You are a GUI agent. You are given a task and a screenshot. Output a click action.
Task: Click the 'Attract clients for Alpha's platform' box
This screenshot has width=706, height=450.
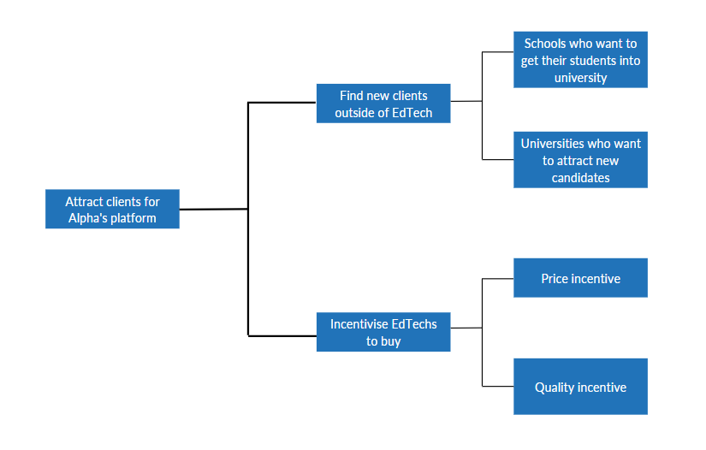(113, 209)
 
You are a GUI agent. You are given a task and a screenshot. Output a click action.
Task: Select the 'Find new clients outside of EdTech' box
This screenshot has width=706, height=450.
(383, 104)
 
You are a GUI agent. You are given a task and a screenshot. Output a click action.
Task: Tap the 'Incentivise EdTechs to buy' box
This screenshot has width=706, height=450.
(383, 332)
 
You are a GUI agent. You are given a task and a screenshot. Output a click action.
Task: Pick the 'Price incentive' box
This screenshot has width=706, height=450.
(581, 278)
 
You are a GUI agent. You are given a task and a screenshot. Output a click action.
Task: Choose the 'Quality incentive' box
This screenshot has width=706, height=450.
(581, 387)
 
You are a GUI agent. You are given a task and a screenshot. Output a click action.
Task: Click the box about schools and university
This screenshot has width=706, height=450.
(581, 59)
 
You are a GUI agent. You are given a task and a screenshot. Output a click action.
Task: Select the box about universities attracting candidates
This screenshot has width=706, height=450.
(581, 160)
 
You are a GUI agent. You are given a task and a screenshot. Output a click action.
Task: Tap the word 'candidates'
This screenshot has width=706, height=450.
(581, 178)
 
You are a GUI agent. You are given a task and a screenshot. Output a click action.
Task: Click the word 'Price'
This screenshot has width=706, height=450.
(555, 279)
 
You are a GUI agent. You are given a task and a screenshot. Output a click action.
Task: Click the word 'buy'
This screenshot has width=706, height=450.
(390, 341)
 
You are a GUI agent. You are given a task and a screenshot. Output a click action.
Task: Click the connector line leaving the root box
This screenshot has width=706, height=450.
(214, 210)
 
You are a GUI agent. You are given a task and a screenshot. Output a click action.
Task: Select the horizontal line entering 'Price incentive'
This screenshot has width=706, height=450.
(498, 279)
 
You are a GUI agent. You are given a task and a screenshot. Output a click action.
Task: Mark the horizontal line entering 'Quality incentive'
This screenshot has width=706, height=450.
(498, 386)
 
